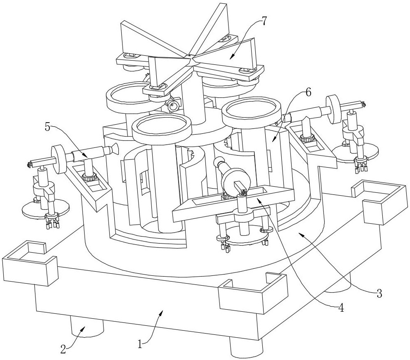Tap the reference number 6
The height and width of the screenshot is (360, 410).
[x=308, y=92]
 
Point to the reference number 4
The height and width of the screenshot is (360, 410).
[x=341, y=308]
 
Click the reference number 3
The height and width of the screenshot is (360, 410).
[x=379, y=294]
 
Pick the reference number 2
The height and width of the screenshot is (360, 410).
[x=63, y=350]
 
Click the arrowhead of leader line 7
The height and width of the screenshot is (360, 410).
[x=231, y=57]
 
